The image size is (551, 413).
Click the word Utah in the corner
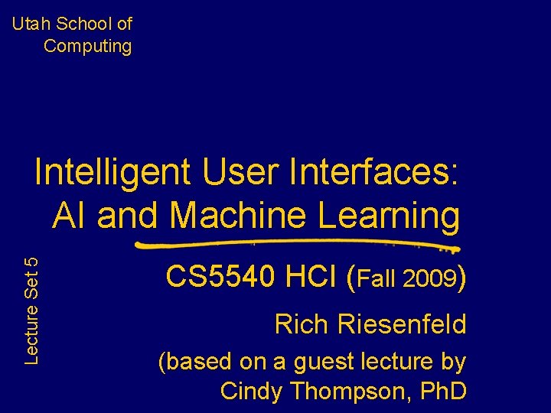tap(30, 24)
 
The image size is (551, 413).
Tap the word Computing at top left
tap(87, 46)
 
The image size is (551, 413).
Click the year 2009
tap(432, 278)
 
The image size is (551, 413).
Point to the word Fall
tap(379, 278)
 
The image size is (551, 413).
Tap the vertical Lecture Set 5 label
tap(31, 309)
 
